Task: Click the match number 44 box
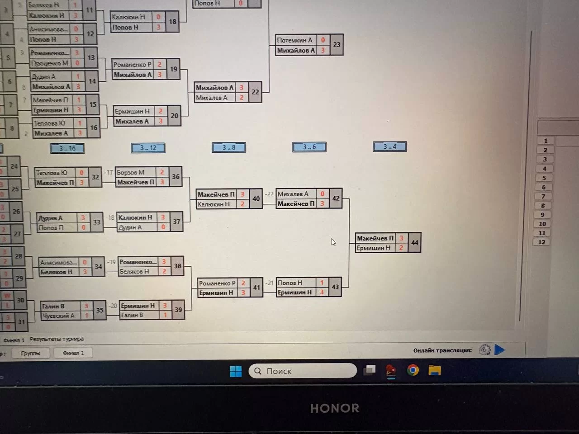[x=414, y=243]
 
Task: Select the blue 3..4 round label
[x=389, y=146]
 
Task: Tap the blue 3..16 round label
[x=67, y=148]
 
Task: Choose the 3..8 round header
[x=228, y=147]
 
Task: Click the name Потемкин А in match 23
[x=294, y=40]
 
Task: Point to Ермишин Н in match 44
[x=374, y=248]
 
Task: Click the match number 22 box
[x=255, y=92]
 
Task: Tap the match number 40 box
[x=256, y=199]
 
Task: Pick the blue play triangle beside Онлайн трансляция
[x=499, y=349]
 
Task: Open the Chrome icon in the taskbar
[x=413, y=370]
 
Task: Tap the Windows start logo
[x=236, y=371]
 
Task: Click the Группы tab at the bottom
[x=30, y=353]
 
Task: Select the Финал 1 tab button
[x=73, y=353]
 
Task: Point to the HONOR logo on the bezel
[x=335, y=408]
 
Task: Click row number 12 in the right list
[x=541, y=242]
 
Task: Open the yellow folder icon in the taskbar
[x=435, y=370]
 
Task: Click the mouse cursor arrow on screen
[x=333, y=242]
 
